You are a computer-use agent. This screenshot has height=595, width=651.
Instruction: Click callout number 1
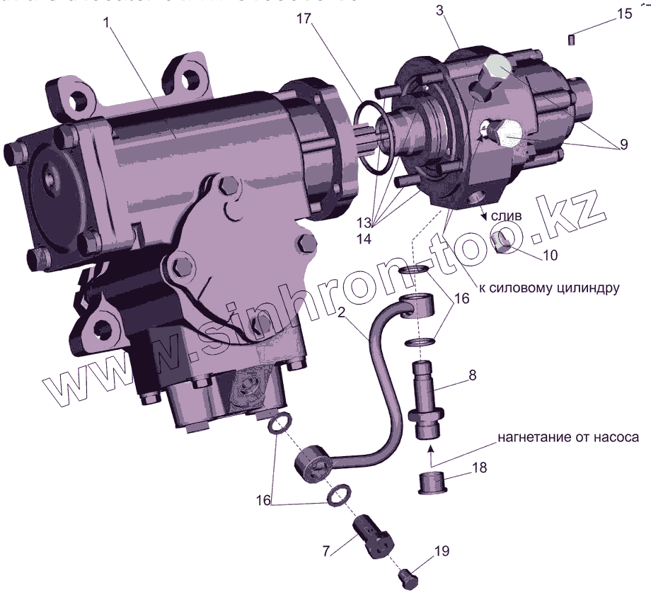point(106,22)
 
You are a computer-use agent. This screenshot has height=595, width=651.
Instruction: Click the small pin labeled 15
point(570,38)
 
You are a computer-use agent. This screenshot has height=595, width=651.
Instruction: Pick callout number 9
point(622,144)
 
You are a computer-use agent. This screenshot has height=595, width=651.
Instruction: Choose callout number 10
point(550,254)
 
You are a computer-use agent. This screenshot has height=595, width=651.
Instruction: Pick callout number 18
point(479,469)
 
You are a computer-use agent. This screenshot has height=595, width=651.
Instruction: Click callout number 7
point(326,550)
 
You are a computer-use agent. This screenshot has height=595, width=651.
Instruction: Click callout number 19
point(441,550)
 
